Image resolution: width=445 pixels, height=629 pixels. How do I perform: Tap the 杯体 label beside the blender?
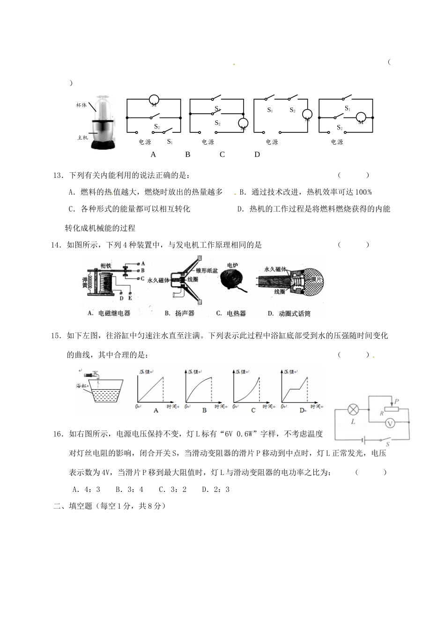[x=82, y=105]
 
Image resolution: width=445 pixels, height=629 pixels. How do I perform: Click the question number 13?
[x=58, y=176]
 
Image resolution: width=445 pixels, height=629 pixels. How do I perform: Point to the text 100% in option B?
[x=363, y=192]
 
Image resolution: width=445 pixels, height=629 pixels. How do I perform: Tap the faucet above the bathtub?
[x=95, y=374]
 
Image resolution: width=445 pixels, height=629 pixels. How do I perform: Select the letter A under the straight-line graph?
[x=156, y=410]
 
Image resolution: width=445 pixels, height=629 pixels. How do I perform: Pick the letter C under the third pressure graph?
[x=253, y=410]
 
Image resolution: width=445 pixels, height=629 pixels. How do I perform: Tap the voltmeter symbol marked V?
[x=389, y=423]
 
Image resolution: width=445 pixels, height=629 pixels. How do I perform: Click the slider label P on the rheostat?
[x=396, y=401]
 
